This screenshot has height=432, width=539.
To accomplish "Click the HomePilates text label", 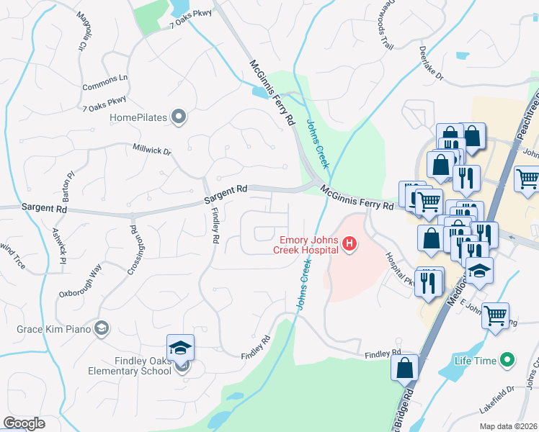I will point(138,117).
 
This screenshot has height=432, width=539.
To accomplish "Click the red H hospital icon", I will point(349,245).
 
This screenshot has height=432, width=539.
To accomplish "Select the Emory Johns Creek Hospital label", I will point(306,245).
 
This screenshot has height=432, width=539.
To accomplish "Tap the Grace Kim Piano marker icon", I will point(102,329).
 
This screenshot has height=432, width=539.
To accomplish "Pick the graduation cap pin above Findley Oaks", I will point(181,348).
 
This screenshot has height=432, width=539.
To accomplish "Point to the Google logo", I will point(24,423).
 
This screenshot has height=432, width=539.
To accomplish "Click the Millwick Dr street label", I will point(151,152).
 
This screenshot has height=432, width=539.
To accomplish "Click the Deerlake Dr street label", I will point(430,62).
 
